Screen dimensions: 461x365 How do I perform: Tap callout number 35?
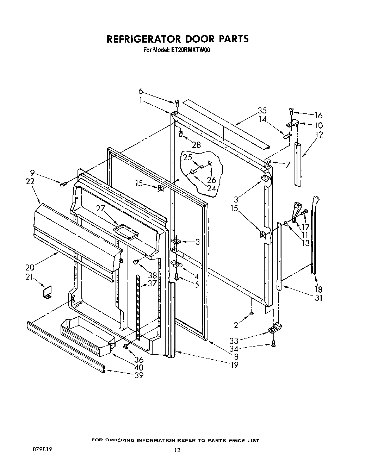coord(262,110)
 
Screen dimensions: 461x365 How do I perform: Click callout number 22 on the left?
coord(30,181)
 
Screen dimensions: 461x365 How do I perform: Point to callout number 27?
coord(101,208)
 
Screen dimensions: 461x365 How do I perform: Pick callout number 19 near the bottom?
coord(234,365)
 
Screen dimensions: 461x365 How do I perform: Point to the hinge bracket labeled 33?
coord(274,329)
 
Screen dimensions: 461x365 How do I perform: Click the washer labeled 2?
coord(251,313)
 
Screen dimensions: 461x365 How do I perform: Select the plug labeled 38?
coord(136,262)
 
